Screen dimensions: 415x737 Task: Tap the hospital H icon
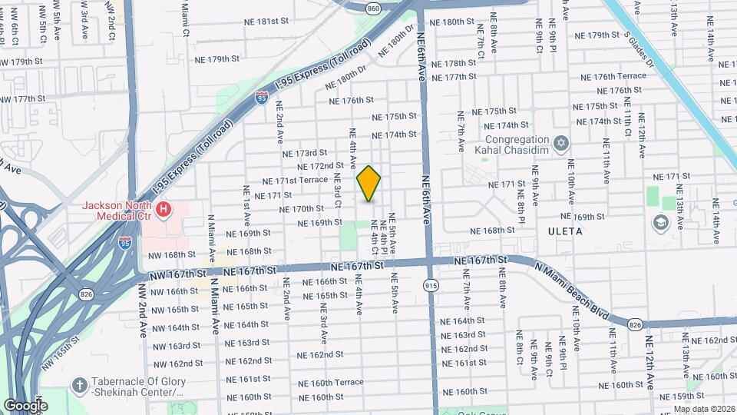[163, 209]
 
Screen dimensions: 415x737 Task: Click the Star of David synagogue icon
[561, 144]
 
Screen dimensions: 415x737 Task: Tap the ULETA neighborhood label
[566, 231]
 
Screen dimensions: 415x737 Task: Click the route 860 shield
[373, 8]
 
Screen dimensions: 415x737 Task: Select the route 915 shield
[431, 285]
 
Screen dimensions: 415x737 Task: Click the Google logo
[25, 405]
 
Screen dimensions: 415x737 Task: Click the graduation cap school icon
[659, 223]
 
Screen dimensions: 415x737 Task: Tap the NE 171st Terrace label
[295, 181]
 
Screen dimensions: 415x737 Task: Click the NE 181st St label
[261, 22]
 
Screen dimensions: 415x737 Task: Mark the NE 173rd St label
[305, 153]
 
